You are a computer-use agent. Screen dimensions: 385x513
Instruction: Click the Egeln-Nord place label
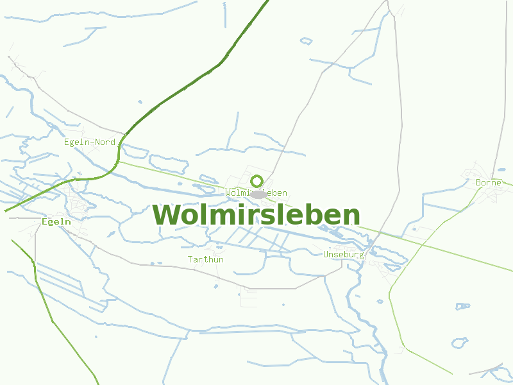90,142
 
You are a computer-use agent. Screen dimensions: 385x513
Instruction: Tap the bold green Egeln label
56,221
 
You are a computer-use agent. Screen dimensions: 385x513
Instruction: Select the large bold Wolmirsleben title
256,215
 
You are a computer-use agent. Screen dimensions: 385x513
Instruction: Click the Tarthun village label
205,259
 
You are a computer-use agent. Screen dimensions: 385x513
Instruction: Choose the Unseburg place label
344,254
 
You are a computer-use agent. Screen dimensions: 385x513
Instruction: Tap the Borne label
488,183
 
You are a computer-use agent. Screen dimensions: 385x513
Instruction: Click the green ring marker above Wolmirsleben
256,181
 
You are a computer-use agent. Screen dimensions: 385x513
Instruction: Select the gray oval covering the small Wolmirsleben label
258,194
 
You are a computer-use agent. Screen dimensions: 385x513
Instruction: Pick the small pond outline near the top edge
307,42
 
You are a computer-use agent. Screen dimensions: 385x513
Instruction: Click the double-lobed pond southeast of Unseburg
460,343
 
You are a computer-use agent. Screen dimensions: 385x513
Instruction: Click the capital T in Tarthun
190,259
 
